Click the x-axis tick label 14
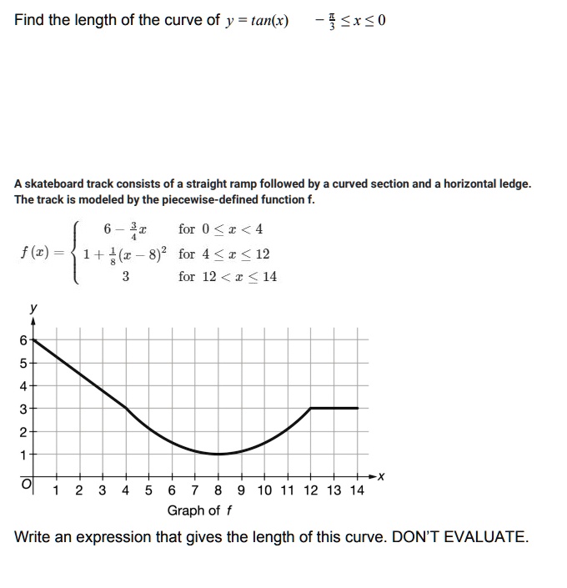(x=356, y=490)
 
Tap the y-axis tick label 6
(x=23, y=340)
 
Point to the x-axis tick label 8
(x=218, y=490)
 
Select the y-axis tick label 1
(x=23, y=454)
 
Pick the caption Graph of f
(x=199, y=510)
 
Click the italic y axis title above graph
(x=33, y=308)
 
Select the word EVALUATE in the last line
(x=477, y=536)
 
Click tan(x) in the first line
(x=264, y=20)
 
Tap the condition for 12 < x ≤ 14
(x=227, y=276)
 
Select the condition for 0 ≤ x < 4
(x=220, y=229)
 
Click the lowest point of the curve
(x=218, y=454)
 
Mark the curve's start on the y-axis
(x=34, y=340)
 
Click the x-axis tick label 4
(x=126, y=490)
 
